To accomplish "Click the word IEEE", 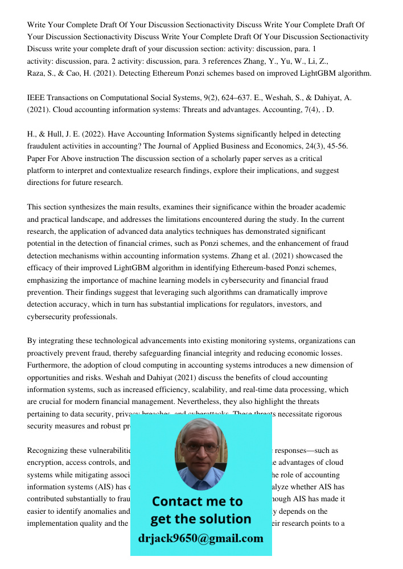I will (x=36, y=98).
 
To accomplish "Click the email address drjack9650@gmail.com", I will (x=200, y=538).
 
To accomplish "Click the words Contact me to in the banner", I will (x=198, y=501).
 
